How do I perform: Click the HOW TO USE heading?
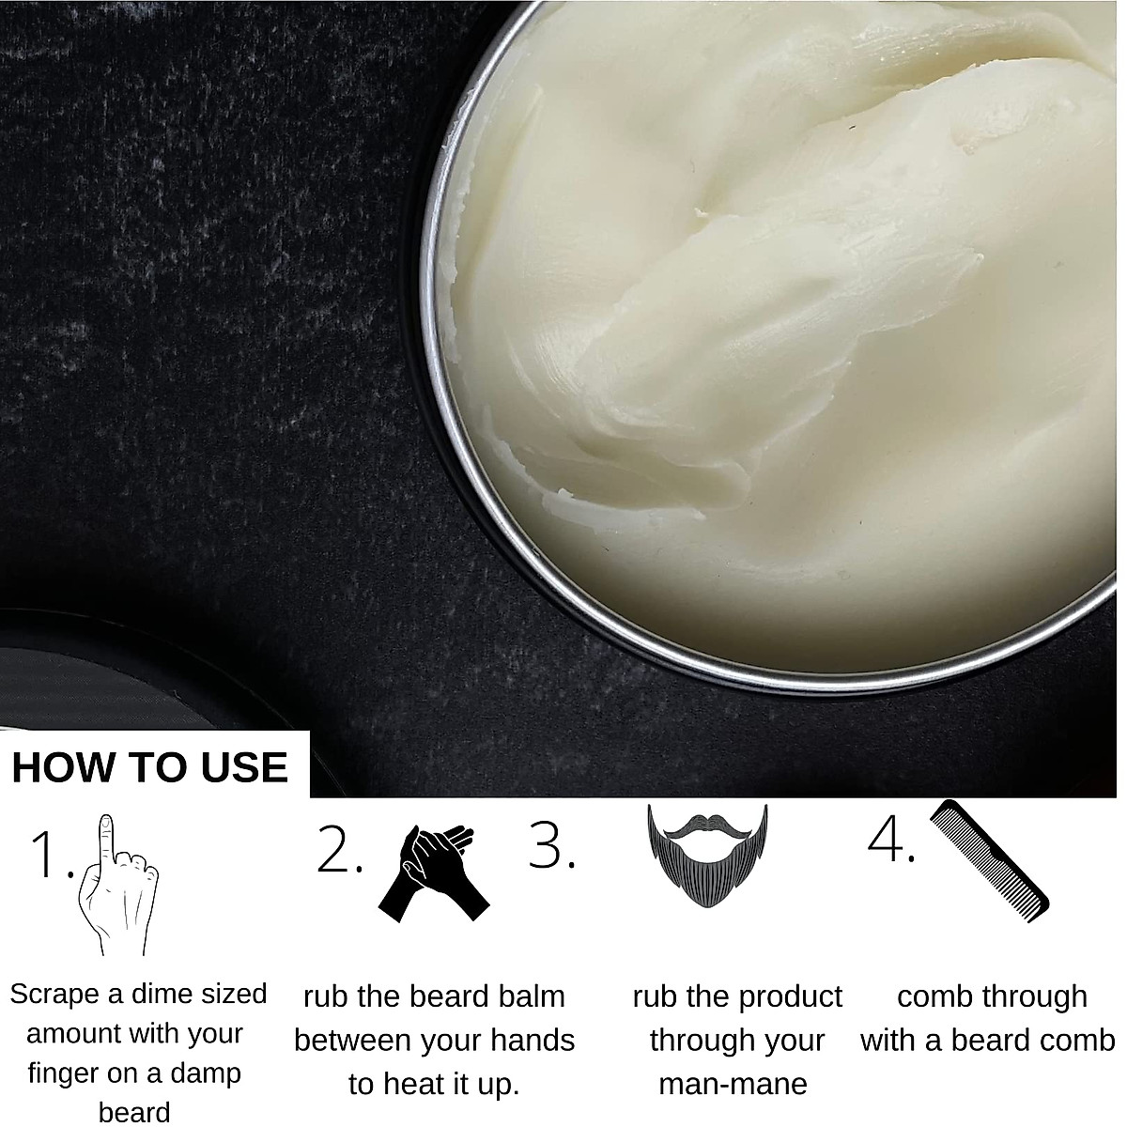pyautogui.click(x=150, y=766)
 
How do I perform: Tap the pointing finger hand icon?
pyautogui.click(x=116, y=887)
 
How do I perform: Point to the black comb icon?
pyautogui.click(x=988, y=860)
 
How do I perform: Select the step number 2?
pyautogui.click(x=338, y=851)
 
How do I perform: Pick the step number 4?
pyautogui.click(x=888, y=838)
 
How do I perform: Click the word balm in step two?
pyautogui.click(x=529, y=996)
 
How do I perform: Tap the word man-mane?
pyautogui.click(x=733, y=1084)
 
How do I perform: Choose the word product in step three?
pyautogui.click(x=788, y=996)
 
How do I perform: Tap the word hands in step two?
pyautogui.click(x=533, y=1041)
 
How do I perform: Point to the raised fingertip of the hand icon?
pyautogui.click(x=106, y=823)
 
